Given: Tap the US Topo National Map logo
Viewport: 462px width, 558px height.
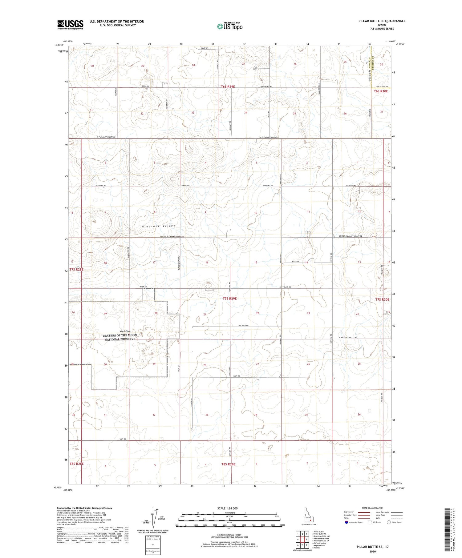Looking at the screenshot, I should [229, 26].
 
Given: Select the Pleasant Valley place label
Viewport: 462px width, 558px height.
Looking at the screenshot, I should [159, 226].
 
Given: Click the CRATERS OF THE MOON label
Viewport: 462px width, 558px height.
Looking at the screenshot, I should [120, 335].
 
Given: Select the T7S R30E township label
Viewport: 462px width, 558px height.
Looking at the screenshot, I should [382, 299].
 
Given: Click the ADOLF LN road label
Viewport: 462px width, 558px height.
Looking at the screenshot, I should [295, 261].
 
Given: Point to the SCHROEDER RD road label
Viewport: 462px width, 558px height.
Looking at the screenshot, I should [266, 86].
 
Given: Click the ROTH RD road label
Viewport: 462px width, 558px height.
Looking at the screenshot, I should [145, 86].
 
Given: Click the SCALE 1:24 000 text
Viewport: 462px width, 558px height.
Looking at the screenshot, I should [229, 508].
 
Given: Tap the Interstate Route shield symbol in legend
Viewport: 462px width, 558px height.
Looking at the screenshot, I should [346, 522].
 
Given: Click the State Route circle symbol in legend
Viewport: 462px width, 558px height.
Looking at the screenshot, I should [389, 522].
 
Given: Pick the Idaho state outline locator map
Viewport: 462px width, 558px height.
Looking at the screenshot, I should [308, 515].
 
